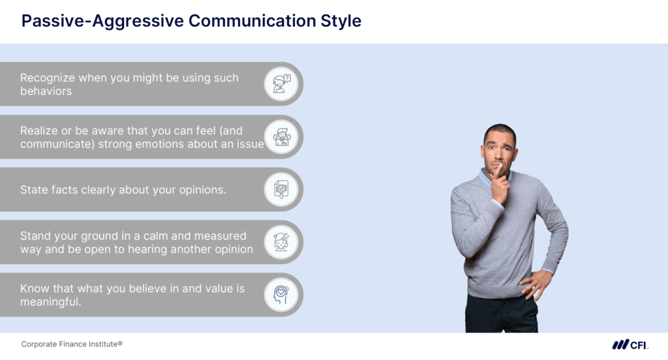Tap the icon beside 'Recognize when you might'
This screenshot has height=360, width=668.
click(x=281, y=84)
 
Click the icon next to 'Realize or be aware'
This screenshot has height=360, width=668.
click(x=281, y=137)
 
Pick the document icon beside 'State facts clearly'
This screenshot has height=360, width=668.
click(x=281, y=190)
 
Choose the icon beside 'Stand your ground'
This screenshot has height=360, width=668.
click(x=281, y=243)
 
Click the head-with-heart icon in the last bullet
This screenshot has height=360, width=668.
click(x=281, y=295)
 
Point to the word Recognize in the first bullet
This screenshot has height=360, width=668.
click(x=48, y=78)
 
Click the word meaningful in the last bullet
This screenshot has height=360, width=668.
click(x=50, y=302)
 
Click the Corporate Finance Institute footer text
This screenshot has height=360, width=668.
click(x=72, y=344)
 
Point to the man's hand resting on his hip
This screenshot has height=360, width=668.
click(x=536, y=284)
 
